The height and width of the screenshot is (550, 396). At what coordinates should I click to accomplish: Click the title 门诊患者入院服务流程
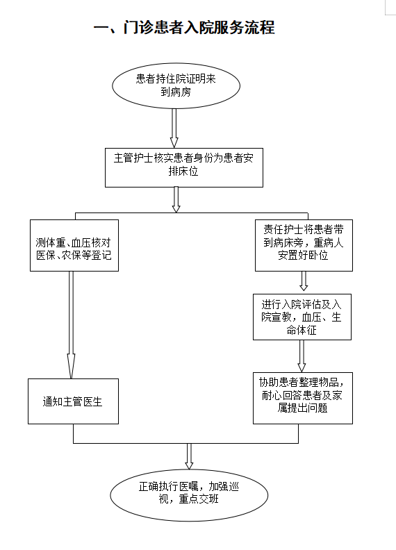(x=199, y=27)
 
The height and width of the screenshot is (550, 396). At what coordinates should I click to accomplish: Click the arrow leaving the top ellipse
(x=174, y=128)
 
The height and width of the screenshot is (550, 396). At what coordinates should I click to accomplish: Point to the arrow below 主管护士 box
(x=176, y=199)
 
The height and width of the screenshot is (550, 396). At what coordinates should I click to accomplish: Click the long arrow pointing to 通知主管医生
(x=71, y=325)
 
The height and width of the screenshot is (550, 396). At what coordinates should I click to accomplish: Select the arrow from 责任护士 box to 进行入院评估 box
(x=304, y=281)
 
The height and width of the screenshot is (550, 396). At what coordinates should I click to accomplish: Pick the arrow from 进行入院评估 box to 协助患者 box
(x=302, y=356)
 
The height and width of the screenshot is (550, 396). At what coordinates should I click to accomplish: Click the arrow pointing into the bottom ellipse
(x=189, y=456)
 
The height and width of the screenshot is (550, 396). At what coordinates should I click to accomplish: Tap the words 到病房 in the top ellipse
(x=176, y=92)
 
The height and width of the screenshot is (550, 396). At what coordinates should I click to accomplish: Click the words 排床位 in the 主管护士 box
(x=183, y=171)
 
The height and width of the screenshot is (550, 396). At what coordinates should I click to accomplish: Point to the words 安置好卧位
(x=303, y=255)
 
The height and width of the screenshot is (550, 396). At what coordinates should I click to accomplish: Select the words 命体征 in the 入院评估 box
(x=302, y=330)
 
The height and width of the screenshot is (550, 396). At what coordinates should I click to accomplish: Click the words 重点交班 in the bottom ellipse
(x=199, y=499)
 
